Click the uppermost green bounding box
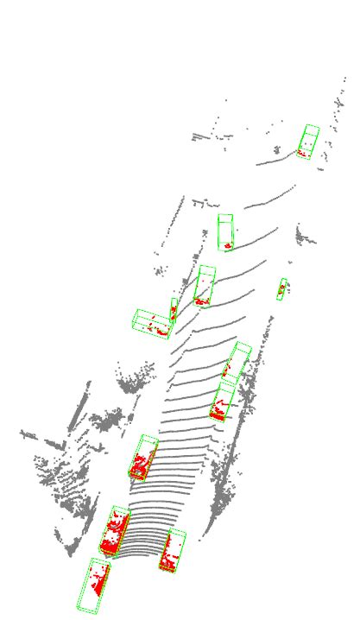point(308,141)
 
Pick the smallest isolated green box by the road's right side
point(281,289)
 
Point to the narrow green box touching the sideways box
point(174,309)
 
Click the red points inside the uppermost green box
point(302,153)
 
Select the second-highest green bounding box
point(225,231)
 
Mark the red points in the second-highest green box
point(227,246)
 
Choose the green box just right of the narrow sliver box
point(205,285)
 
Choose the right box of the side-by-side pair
point(173,551)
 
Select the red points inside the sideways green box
point(159,327)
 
